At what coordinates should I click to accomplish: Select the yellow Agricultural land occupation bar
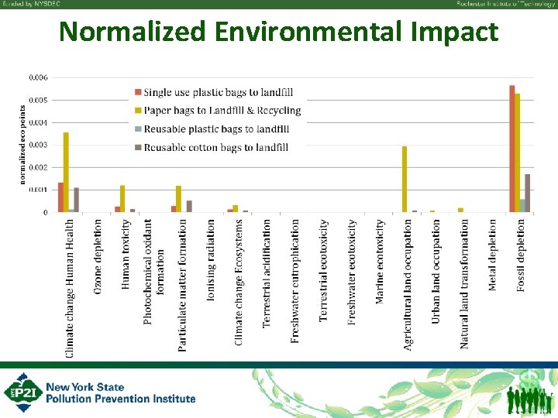pos(405,179)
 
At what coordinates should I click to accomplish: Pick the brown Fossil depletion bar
pos(528,193)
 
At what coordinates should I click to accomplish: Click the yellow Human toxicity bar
pos(122,198)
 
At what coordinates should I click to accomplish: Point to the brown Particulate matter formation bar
pos(189,206)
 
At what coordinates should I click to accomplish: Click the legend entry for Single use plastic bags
pos(213,93)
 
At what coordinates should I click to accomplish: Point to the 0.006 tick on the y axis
pos(38,77)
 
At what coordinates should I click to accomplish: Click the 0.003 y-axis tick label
pos(38,145)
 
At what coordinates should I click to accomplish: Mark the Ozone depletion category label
pos(98,255)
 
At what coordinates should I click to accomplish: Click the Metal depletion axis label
pos(493,255)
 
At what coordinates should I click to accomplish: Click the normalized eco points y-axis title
pos(22,146)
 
